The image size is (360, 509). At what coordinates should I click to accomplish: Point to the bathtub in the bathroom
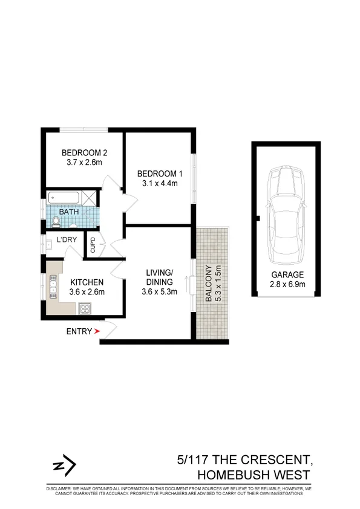pos(64,197)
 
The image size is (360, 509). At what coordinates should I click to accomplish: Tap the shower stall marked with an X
pos(90,197)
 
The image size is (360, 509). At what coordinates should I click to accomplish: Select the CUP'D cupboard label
pos(93,245)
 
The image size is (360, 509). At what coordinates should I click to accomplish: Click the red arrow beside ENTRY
pos(96,331)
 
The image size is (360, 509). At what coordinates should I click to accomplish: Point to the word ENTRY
pos(79,331)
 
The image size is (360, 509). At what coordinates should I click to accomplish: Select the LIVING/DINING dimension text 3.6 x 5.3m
pos(160,291)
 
